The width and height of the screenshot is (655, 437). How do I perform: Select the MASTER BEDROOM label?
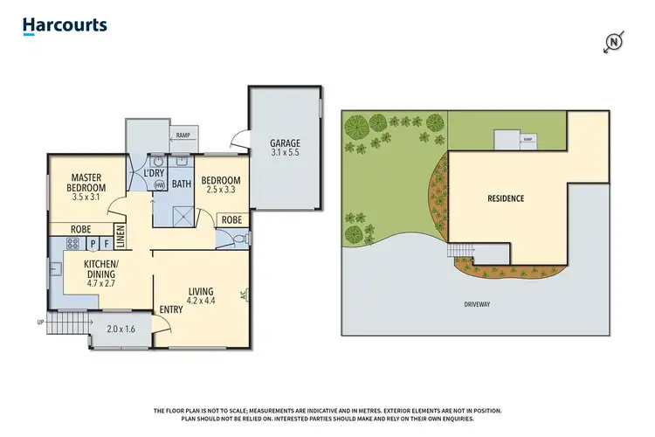[87, 183]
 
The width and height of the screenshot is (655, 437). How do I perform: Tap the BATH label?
[182, 184]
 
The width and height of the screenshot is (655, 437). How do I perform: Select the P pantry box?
[93, 245]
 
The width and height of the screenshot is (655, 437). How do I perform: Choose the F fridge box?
[106, 245]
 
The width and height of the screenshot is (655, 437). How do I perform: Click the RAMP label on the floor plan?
[183, 135]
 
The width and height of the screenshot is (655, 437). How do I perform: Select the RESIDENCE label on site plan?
[506, 198]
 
